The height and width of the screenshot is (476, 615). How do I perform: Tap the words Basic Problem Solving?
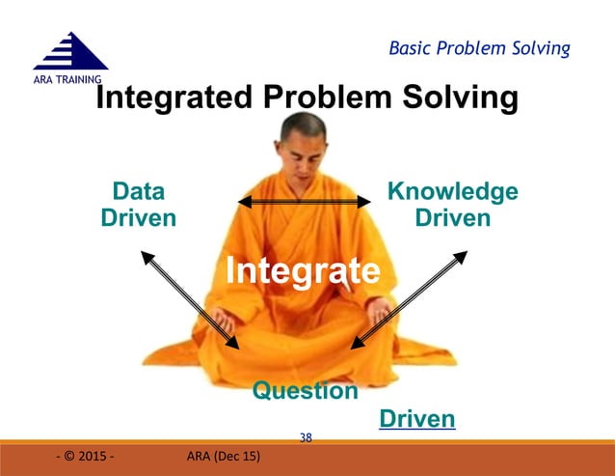pyautogui.click(x=479, y=47)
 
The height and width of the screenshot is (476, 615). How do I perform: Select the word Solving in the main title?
pyautogui.click(x=460, y=98)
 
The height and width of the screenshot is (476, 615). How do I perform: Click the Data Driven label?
pyautogui.click(x=139, y=204)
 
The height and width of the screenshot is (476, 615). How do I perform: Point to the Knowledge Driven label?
pyautogui.click(x=452, y=204)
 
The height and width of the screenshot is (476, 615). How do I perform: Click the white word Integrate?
pyautogui.click(x=303, y=270)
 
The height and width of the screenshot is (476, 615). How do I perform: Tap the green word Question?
pyautogui.click(x=305, y=391)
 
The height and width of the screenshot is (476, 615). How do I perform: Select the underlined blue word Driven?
pyautogui.click(x=416, y=419)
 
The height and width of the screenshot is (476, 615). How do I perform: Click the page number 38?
pyautogui.click(x=306, y=437)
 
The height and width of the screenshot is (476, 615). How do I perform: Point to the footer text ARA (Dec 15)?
pyautogui.click(x=224, y=457)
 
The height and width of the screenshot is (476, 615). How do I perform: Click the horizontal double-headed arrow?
pyautogui.click(x=305, y=201)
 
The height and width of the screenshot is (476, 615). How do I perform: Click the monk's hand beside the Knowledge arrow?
pyautogui.click(x=379, y=311)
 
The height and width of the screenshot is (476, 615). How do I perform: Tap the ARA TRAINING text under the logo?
pyautogui.click(x=56, y=78)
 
